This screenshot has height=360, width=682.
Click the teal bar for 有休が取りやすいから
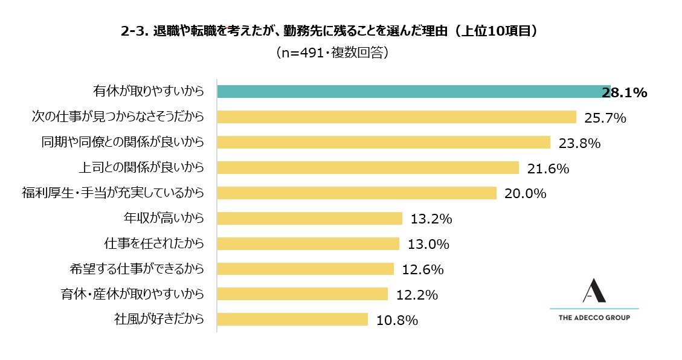[413, 92]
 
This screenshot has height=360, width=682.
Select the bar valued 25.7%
[396, 117]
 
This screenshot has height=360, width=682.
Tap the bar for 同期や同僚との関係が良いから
[384, 143]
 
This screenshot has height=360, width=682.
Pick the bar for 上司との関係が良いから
[368, 168]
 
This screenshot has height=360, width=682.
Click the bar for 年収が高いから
[309, 218]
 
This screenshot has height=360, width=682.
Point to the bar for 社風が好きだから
[292, 320]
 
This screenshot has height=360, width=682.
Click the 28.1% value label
[625, 92]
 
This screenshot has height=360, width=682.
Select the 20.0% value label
[526, 194]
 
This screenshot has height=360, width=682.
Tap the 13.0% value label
[428, 244]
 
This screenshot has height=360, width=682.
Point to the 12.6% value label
[423, 269]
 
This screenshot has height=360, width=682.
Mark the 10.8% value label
[397, 320]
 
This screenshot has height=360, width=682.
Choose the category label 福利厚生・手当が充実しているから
[112, 193]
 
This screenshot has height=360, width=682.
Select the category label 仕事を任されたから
[153, 243]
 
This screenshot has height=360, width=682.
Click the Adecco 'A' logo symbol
[594, 291]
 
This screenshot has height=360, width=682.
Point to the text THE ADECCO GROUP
[594, 318]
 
